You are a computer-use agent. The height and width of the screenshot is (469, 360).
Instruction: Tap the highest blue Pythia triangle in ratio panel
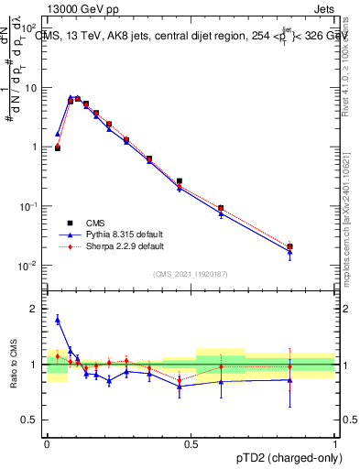[58, 320]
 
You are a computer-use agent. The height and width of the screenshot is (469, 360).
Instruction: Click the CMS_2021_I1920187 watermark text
[190, 274]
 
